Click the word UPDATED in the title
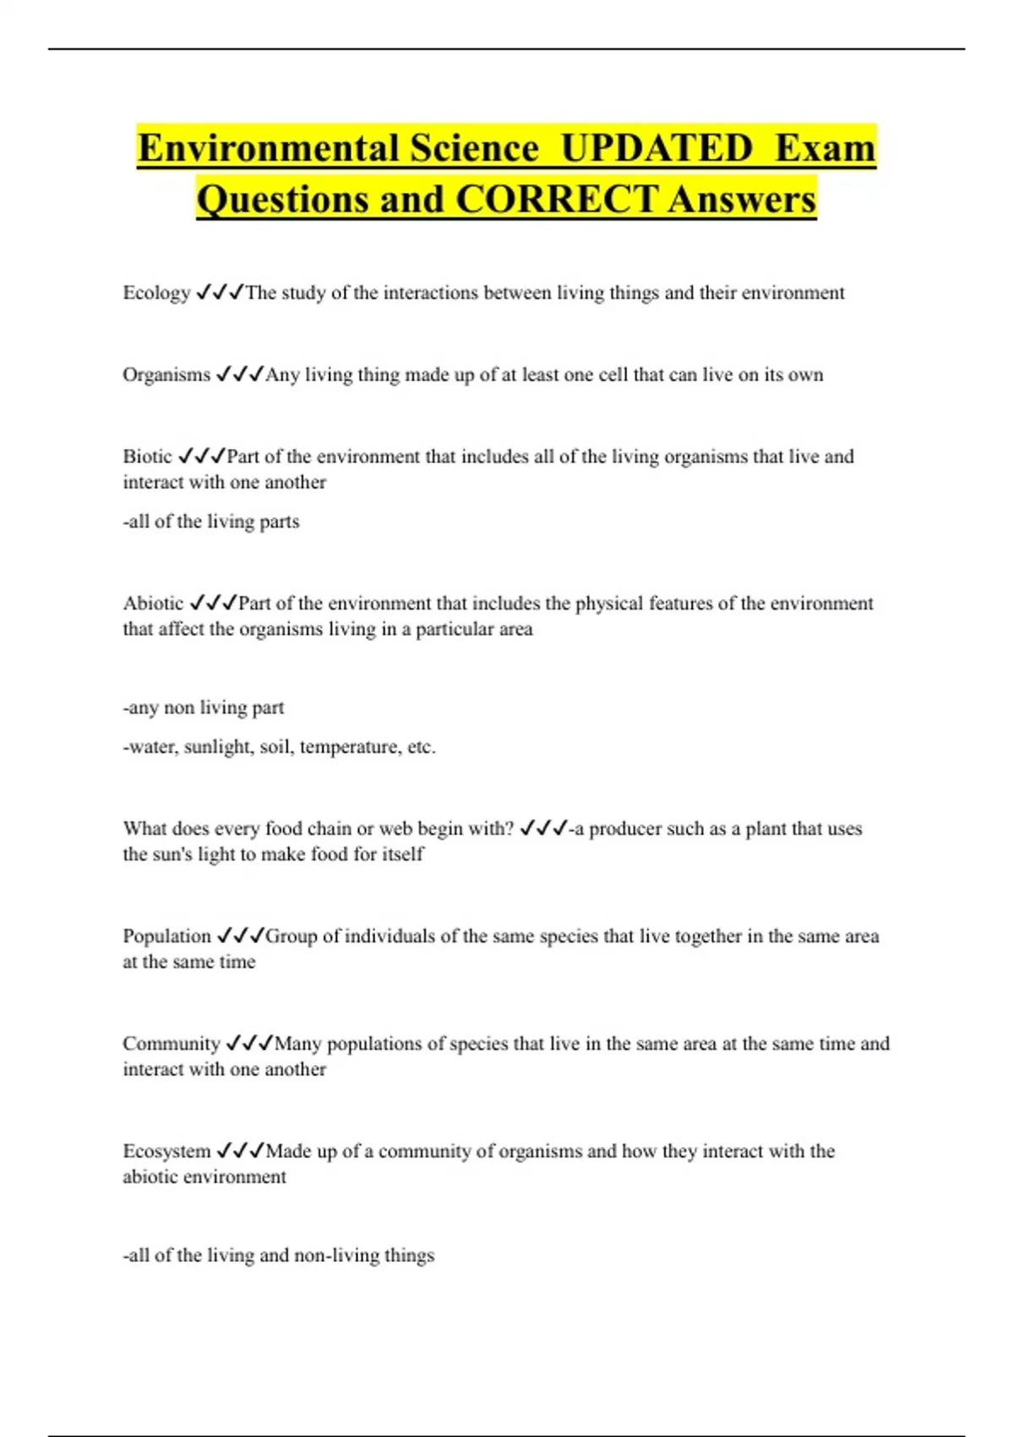tap(657, 149)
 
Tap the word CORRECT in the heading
tap(556, 200)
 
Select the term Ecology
tap(156, 293)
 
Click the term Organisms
tap(166, 374)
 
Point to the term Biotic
tap(147, 456)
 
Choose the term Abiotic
tap(153, 604)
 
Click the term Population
tap(166, 936)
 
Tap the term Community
tap(171, 1043)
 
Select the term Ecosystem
tap(166, 1150)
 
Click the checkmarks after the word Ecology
tap(219, 292)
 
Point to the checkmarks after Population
tap(240, 936)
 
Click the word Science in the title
tap(474, 149)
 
